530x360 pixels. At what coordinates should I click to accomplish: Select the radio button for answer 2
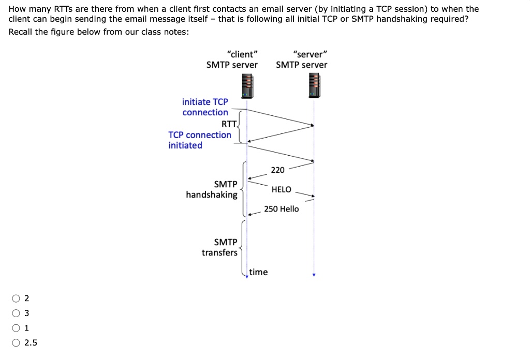click(17, 298)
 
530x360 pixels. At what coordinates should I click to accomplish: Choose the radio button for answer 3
click(17, 313)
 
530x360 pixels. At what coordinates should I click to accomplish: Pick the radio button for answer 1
click(17, 327)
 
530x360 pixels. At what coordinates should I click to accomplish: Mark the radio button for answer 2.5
click(17, 342)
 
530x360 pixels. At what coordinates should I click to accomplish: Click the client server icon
click(247, 85)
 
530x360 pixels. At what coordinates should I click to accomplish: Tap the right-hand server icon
click(314, 85)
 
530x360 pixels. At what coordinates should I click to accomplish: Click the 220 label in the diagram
click(277, 170)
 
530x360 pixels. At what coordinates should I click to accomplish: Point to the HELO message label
click(281, 189)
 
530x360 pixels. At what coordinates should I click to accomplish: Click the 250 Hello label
click(281, 209)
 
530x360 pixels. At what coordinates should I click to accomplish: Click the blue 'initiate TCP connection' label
click(205, 107)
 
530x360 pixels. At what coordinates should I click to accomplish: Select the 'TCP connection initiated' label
click(200, 140)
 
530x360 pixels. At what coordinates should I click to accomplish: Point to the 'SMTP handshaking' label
click(212, 189)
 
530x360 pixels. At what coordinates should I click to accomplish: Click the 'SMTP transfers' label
click(220, 247)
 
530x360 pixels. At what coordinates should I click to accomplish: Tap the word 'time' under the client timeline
click(258, 272)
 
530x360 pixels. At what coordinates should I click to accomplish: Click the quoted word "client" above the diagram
click(242, 54)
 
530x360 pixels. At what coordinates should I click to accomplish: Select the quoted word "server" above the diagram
click(310, 54)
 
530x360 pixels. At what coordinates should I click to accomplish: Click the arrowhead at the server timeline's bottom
click(313, 275)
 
